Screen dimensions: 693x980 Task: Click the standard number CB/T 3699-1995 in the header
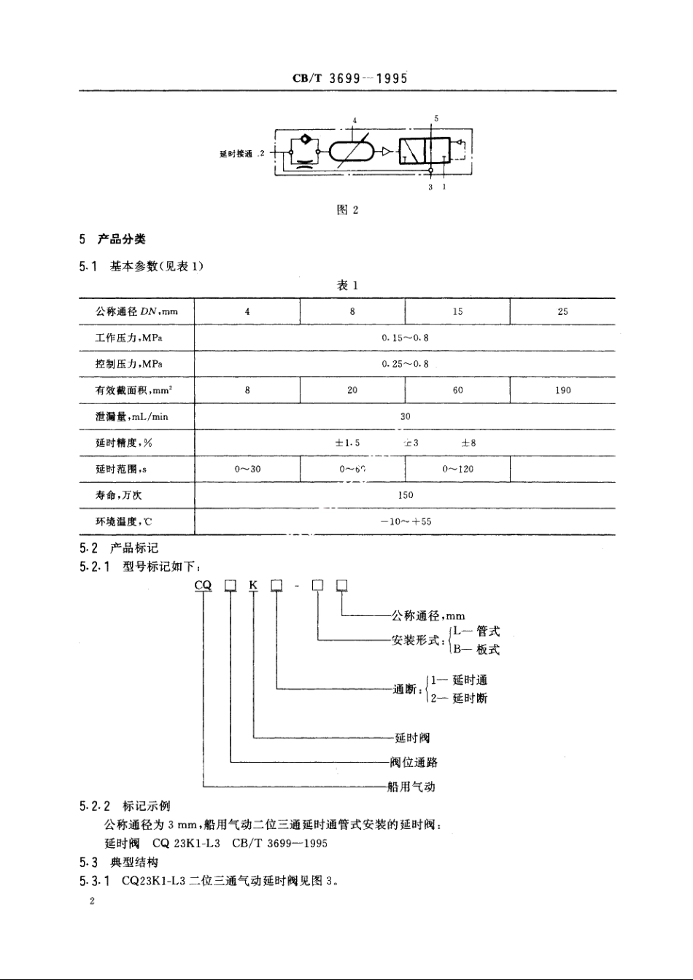click(349, 78)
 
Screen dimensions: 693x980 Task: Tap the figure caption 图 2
click(347, 210)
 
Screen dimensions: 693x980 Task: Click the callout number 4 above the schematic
click(355, 120)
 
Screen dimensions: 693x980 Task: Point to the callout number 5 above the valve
click(436, 117)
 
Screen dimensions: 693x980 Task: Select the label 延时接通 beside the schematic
click(236, 154)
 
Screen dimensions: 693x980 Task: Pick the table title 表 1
click(347, 285)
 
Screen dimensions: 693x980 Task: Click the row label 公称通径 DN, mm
click(136, 311)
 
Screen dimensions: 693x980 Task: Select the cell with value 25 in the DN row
click(562, 311)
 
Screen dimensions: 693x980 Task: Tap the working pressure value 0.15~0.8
click(406, 338)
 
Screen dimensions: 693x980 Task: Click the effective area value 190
click(562, 390)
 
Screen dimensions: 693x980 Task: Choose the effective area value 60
click(457, 390)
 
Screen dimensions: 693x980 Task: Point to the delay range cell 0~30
click(247, 469)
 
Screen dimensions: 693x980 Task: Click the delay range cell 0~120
click(457, 469)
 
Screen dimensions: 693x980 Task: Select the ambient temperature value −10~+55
click(406, 521)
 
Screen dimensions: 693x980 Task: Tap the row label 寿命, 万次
click(119, 495)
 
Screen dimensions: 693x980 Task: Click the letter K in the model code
click(252, 585)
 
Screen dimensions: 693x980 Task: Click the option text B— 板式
click(476, 649)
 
